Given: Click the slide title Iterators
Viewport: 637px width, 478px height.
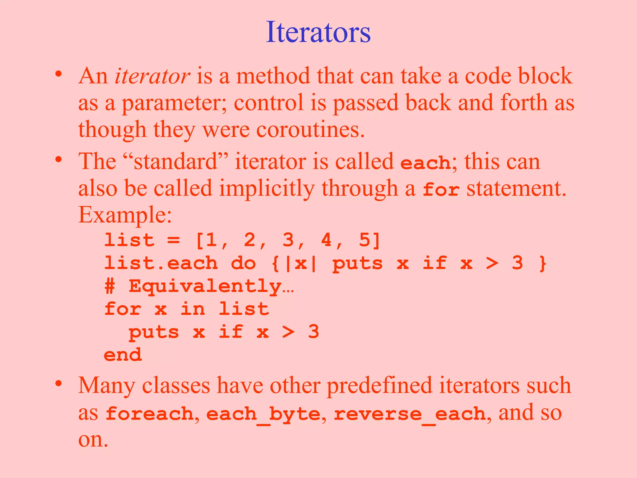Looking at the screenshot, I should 318,32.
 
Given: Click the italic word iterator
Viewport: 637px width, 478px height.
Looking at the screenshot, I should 152,76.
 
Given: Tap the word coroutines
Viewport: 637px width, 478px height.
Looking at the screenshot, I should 310,129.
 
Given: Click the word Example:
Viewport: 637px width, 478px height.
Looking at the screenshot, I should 125,215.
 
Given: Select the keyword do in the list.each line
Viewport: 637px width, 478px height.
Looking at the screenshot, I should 244,263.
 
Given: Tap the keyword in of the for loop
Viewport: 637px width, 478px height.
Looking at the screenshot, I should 193,309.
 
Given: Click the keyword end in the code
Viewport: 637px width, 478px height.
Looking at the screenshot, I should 123,355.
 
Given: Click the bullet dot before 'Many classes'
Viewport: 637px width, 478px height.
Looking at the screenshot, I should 58,383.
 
